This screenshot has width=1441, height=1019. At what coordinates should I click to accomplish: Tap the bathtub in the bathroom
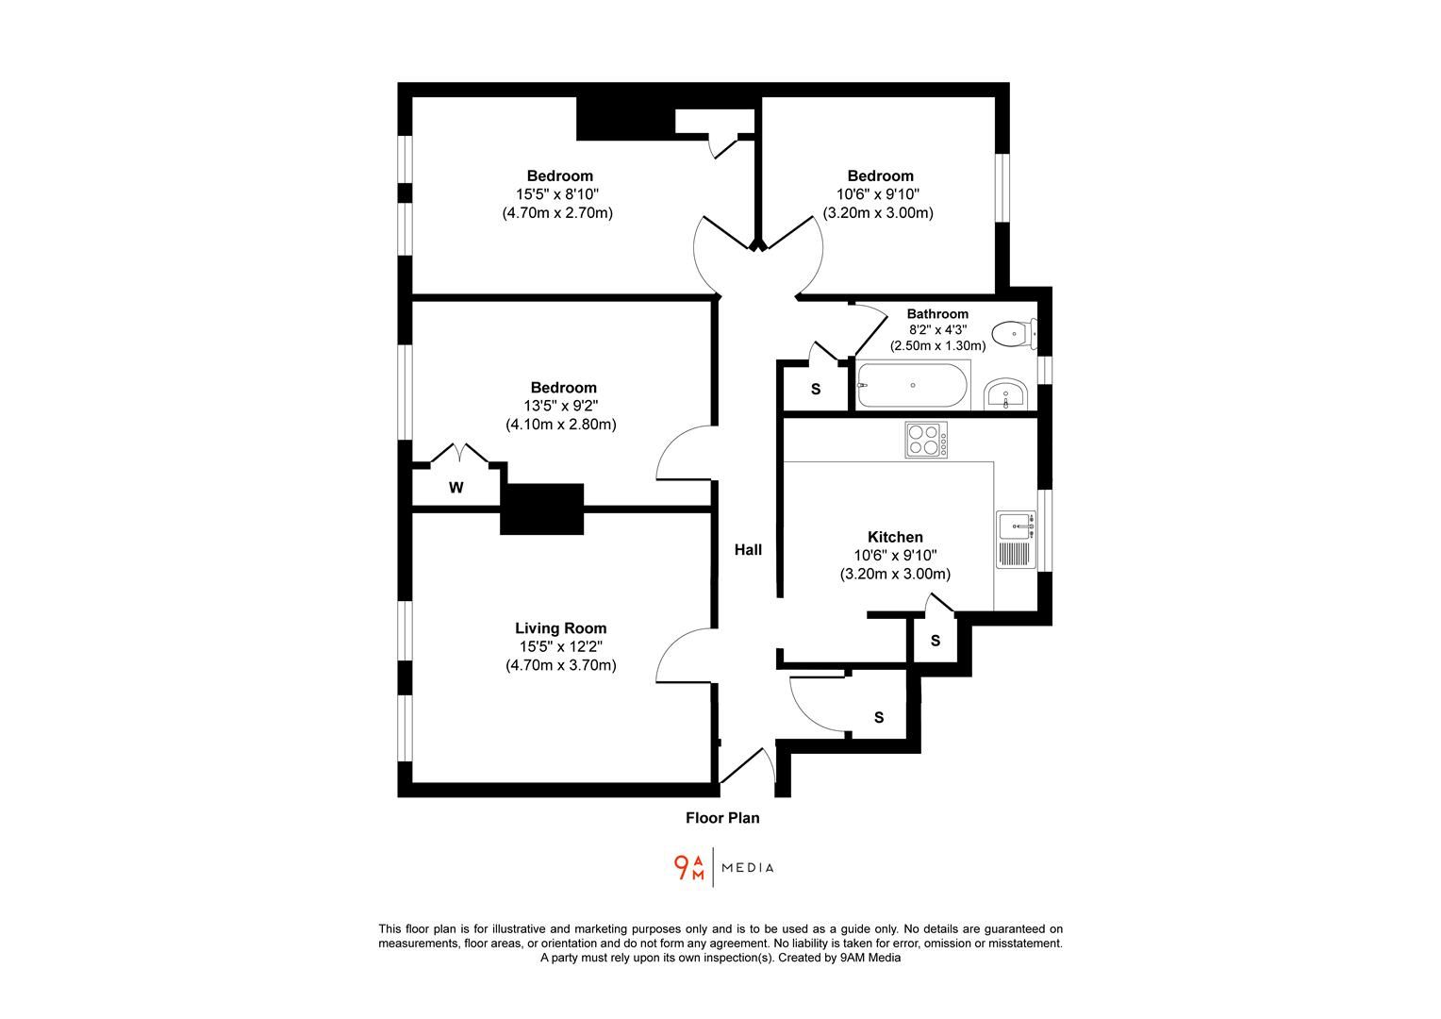tap(912, 386)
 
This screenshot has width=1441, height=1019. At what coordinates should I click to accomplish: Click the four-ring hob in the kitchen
tap(925, 440)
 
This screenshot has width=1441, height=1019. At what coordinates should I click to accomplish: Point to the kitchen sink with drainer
tap(1016, 538)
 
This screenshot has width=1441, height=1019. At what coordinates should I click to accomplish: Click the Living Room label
tap(560, 628)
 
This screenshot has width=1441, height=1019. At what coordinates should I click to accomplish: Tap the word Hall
tap(748, 550)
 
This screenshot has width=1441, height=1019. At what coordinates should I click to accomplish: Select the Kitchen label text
tap(895, 537)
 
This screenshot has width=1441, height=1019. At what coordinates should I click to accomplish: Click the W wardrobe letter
tap(455, 488)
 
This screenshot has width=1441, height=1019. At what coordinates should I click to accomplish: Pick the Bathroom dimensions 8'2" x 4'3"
tap(937, 330)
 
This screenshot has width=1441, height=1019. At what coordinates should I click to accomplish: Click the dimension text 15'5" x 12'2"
tap(560, 647)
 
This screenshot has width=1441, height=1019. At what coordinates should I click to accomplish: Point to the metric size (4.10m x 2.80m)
tap(560, 425)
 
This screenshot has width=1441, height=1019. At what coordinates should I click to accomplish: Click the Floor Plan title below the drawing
tap(722, 818)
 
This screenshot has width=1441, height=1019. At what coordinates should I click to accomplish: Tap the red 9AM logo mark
tap(689, 867)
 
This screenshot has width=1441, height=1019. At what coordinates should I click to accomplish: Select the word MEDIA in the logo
tap(748, 868)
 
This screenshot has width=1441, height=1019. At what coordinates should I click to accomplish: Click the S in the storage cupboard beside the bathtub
tap(816, 390)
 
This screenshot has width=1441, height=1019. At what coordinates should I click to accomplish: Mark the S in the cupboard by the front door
tap(879, 718)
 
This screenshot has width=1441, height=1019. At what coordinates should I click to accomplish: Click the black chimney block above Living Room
tap(541, 509)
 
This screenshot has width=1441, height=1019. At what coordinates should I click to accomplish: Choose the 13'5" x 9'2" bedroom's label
tap(563, 388)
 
